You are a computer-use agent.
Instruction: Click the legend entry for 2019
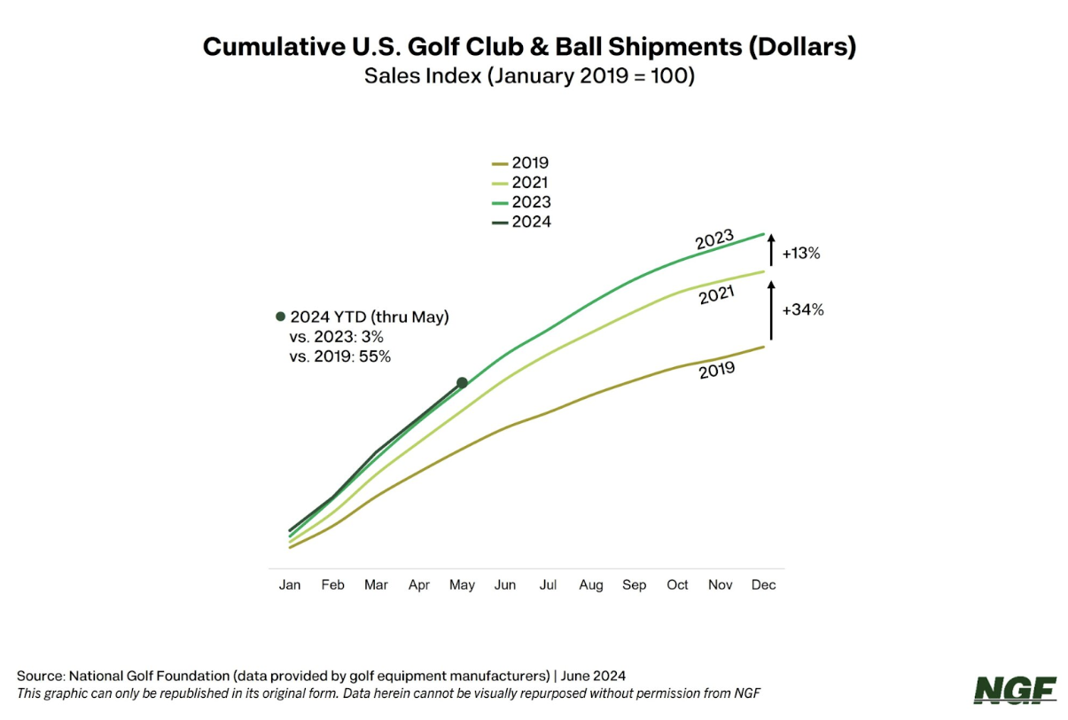click(x=521, y=163)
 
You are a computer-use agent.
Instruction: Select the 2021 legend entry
click(x=521, y=183)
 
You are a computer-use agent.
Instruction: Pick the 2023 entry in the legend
click(x=521, y=202)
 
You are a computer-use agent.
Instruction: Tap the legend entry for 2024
click(x=521, y=222)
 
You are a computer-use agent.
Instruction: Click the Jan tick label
click(x=290, y=585)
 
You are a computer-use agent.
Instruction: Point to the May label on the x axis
click(x=462, y=585)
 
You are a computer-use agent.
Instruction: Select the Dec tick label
click(x=764, y=585)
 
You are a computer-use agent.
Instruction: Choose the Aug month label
click(x=591, y=585)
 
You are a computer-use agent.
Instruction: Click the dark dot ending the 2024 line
click(x=462, y=383)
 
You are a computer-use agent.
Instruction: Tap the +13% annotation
click(x=801, y=254)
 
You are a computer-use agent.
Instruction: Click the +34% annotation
click(x=803, y=310)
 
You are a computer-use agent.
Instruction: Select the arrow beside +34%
click(x=771, y=309)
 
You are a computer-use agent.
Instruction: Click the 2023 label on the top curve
click(x=713, y=239)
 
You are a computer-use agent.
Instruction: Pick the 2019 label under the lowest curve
click(x=717, y=371)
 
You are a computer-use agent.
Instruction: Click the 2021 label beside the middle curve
click(x=716, y=296)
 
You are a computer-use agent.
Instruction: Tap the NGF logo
click(x=1015, y=689)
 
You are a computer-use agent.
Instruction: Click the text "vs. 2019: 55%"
click(x=340, y=356)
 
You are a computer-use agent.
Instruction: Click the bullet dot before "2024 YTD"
click(x=281, y=317)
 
